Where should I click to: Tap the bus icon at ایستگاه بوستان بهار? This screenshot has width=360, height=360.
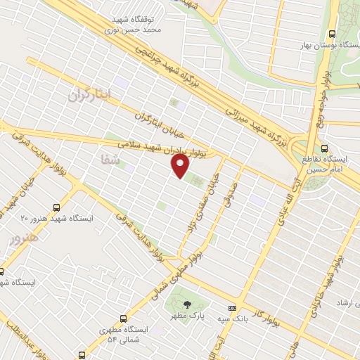pyautogui.click(x=333, y=34)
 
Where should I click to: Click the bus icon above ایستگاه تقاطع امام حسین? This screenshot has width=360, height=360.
pyautogui.click(x=324, y=148)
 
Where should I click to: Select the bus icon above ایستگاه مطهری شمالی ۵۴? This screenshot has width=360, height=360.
pyautogui.click(x=124, y=318)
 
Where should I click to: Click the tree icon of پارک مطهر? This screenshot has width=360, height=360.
pyautogui.click(x=187, y=304)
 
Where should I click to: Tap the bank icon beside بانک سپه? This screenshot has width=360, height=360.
pyautogui.click(x=231, y=308)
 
